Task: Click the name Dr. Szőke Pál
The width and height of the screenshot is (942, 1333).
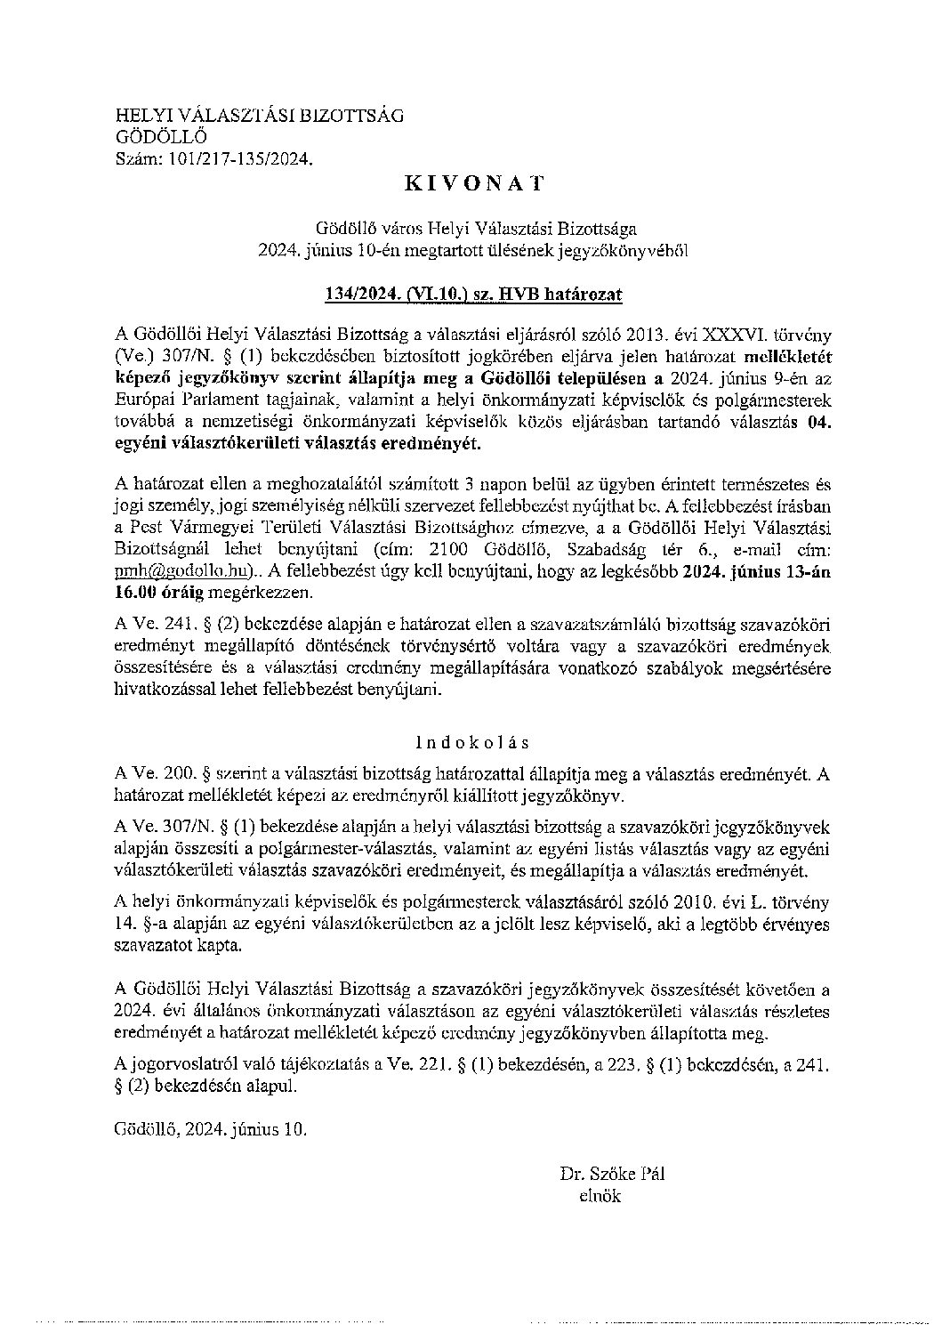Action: pos(612,1174)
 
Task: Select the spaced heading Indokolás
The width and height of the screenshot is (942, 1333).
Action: pos(472,741)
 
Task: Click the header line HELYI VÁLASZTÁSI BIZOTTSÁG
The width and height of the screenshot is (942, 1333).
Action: pos(259,115)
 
